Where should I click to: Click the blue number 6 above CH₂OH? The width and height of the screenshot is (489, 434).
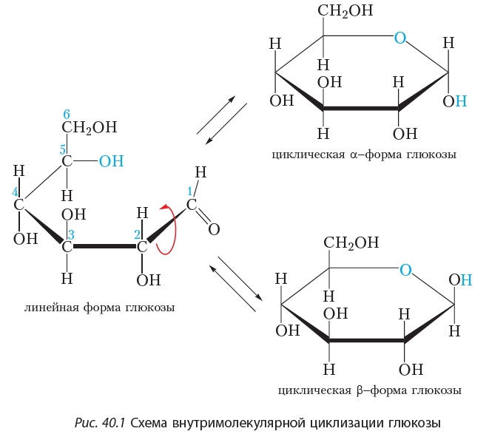67,115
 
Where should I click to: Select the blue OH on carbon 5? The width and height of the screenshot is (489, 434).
111,161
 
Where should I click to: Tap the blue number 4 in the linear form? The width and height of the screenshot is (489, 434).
15,192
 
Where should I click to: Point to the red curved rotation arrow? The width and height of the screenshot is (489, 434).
174,229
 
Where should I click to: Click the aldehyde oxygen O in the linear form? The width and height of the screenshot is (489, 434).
214,229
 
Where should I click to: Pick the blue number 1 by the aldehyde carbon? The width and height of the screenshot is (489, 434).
189,191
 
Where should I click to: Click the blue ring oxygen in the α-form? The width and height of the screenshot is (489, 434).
400,38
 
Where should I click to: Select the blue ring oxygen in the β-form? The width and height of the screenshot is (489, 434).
405,270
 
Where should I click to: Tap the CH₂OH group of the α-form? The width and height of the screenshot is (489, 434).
345,10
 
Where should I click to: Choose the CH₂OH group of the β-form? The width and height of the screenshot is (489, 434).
351,243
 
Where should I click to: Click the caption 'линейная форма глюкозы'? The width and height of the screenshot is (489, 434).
99,308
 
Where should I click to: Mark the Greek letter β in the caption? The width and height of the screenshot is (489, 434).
360,390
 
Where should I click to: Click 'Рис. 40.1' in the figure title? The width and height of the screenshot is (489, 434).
100,423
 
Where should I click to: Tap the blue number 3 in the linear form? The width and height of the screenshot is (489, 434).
71,234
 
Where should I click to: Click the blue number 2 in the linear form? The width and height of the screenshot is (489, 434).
137,234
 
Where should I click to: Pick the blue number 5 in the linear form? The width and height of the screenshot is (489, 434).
63,150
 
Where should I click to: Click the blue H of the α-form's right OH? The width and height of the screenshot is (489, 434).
461,101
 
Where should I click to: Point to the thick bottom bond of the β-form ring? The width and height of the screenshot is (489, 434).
367,340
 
